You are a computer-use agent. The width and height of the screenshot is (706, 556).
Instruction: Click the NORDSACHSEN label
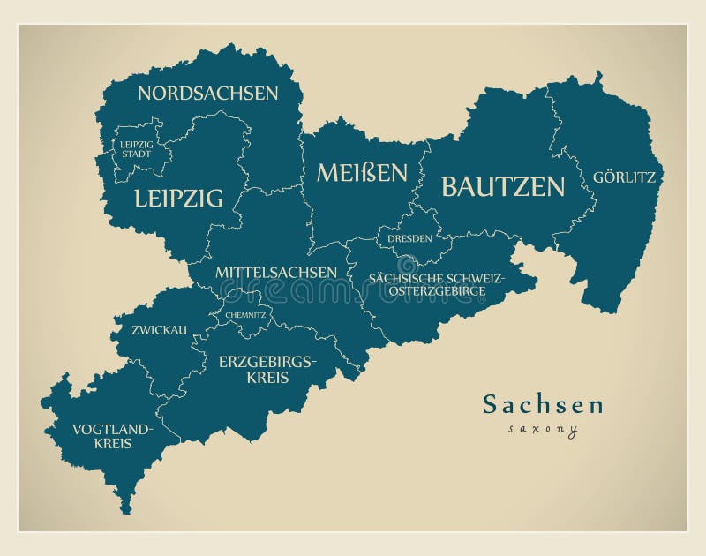[x=207, y=93]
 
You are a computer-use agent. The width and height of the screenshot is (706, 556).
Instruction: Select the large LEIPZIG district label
[x=178, y=198]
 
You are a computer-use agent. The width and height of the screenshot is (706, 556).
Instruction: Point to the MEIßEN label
[x=362, y=172]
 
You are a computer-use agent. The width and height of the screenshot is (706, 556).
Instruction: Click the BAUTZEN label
[x=502, y=186]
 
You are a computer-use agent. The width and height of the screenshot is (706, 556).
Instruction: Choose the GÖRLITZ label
[x=624, y=177]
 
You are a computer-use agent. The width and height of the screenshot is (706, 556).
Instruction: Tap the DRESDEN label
[x=409, y=238]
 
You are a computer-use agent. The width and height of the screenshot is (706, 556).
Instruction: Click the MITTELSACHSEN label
[x=275, y=272]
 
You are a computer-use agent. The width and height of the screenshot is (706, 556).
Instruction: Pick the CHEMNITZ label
[x=245, y=314]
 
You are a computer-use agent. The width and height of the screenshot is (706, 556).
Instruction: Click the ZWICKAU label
[x=159, y=330]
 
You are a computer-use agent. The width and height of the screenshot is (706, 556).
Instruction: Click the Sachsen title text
[x=543, y=405]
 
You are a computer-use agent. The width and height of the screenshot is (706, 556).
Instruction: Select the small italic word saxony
[x=543, y=430]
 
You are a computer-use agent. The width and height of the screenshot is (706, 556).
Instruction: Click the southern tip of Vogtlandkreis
[x=126, y=511]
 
